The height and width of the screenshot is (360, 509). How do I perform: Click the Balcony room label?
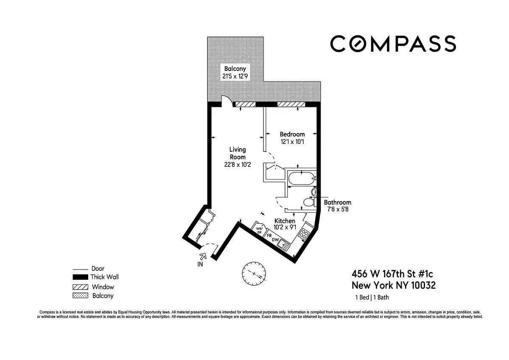tap(235, 69)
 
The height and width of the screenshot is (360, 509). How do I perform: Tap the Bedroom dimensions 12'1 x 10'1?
tap(292, 142)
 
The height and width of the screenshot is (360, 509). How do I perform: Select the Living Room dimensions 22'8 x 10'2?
tap(238, 164)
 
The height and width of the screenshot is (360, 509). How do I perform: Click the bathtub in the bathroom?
tap(301, 178)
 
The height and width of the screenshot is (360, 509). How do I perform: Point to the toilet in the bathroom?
tap(309, 202)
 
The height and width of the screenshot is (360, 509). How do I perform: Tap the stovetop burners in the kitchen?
tap(304, 234)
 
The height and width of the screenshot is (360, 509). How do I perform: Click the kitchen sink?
tap(284, 245)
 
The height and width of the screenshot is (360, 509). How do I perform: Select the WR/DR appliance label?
tap(259, 231)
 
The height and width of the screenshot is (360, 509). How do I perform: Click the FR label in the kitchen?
tap(269, 236)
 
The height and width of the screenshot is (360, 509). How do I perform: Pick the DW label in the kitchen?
tap(275, 239)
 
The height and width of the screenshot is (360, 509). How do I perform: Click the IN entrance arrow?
tap(203, 256)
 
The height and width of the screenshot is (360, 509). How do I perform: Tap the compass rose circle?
tap(254, 273)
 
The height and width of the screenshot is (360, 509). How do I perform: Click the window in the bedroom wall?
tap(291, 104)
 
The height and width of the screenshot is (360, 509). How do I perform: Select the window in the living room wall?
tap(246, 104)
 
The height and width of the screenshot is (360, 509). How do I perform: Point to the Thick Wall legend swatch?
tap(80, 277)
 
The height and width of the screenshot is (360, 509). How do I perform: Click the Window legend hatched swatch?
tap(80, 287)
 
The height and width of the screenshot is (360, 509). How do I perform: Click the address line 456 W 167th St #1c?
tap(392, 274)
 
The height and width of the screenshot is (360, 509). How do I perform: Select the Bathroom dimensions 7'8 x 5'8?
tap(338, 209)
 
